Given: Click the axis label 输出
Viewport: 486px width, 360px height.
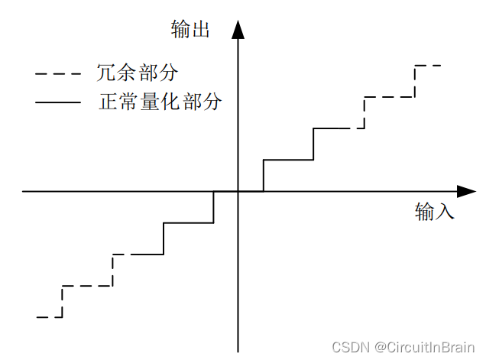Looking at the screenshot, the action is click(x=190, y=30).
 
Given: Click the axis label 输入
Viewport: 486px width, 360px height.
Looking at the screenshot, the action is click(x=435, y=212).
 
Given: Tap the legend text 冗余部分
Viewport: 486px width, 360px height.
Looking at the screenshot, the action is click(x=138, y=73).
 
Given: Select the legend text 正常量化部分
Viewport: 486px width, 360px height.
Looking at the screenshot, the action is click(x=160, y=102).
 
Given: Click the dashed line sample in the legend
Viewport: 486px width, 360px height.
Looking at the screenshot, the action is click(x=58, y=74).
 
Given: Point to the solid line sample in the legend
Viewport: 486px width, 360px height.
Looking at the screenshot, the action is click(x=58, y=102).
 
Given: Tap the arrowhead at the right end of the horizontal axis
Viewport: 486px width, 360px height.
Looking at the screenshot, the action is click(x=466, y=191).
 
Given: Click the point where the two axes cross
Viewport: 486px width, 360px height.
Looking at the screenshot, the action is click(x=238, y=191).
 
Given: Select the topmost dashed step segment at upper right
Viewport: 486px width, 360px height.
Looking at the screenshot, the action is click(x=427, y=66).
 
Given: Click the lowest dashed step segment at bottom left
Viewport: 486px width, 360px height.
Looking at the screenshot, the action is click(x=49, y=316).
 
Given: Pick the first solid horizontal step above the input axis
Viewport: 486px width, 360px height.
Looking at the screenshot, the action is click(x=288, y=160).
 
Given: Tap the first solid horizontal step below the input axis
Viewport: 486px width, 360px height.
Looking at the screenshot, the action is click(x=188, y=222).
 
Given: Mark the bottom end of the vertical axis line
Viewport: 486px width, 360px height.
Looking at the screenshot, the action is click(x=238, y=352).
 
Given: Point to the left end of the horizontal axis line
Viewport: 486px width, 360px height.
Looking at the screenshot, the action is click(x=23, y=191).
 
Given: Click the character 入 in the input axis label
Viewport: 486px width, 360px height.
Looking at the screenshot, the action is click(x=445, y=212).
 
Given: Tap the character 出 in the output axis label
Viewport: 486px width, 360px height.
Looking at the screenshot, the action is click(x=200, y=30).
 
